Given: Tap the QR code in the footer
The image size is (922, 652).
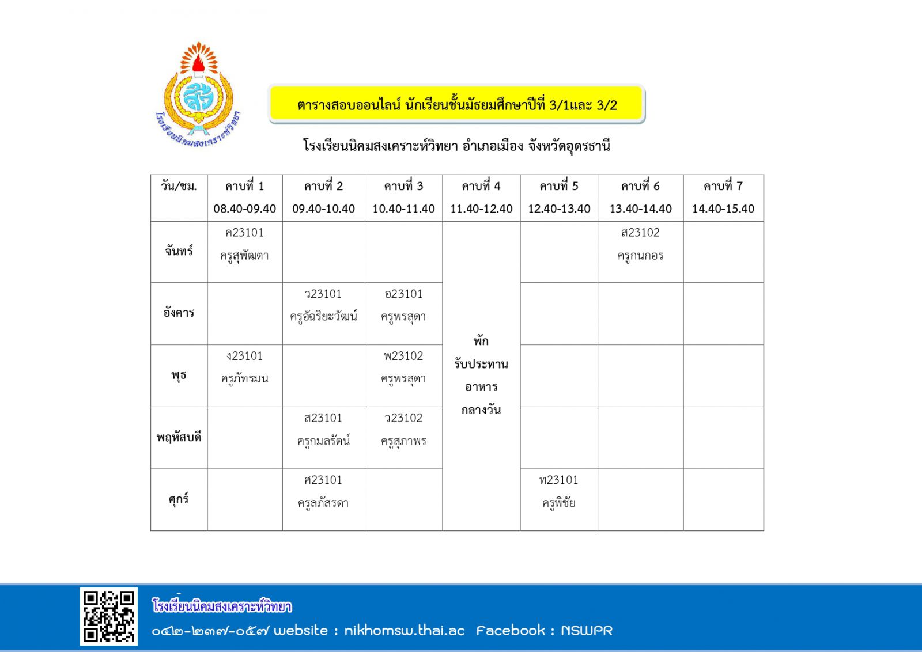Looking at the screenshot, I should click(x=108, y=616).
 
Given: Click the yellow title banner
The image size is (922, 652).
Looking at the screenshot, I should click(x=456, y=104).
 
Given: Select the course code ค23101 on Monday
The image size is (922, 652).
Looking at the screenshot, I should click(x=245, y=233).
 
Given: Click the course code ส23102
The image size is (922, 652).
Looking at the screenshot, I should click(x=640, y=233).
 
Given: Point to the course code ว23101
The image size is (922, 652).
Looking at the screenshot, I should click(x=323, y=294).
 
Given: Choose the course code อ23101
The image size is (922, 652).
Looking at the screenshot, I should click(x=403, y=294).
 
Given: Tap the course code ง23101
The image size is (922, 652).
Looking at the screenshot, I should click(x=245, y=356).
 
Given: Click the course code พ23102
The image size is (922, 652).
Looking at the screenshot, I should click(x=403, y=356).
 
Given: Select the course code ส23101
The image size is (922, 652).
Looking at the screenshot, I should click(x=323, y=418).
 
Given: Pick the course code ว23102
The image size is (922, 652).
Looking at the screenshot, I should click(x=403, y=418).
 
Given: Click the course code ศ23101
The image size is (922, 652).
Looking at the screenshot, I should click(x=323, y=480).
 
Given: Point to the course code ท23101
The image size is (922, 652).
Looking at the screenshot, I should click(x=558, y=480).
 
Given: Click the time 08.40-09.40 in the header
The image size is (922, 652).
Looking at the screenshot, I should click(x=245, y=209).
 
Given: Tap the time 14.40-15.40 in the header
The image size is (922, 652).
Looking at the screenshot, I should click(x=723, y=209).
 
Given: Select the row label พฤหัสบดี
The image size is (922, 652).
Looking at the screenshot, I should click(x=179, y=438).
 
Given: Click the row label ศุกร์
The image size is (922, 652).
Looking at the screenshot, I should click(x=179, y=499).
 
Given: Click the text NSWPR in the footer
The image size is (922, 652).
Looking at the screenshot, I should click(x=586, y=631).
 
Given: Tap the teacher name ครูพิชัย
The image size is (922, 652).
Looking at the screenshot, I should click(x=558, y=503).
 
